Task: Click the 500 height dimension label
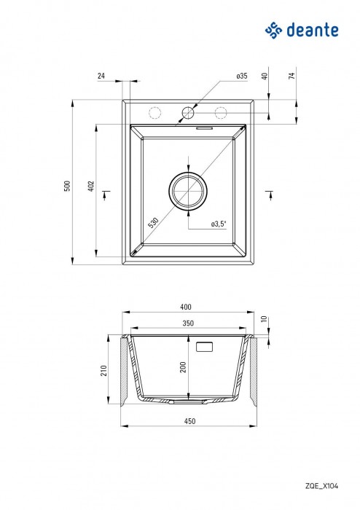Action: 66,186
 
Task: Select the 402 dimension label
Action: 90,187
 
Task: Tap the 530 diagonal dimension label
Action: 153,223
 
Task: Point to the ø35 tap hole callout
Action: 242,76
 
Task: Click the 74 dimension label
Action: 291,76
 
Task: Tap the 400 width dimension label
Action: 187,307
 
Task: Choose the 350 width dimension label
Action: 187,323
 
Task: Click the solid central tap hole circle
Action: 188,112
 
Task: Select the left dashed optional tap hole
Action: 154,112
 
